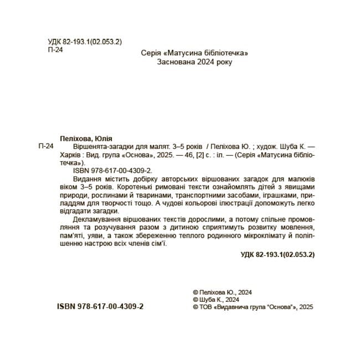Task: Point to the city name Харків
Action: [69, 156]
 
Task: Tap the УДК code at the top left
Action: [85, 42]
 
